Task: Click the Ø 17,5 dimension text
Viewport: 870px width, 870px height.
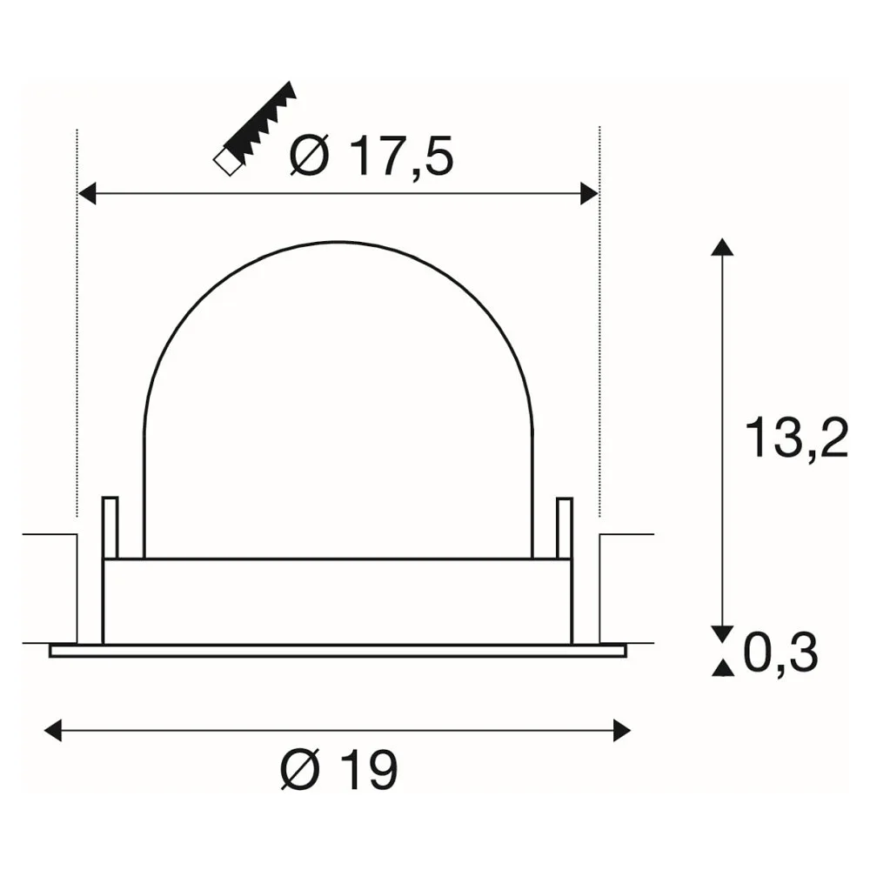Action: click(x=371, y=157)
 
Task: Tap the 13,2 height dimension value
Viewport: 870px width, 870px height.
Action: click(x=796, y=438)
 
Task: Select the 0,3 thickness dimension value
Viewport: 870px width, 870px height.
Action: click(x=780, y=653)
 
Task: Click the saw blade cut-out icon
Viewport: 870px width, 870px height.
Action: click(x=255, y=129)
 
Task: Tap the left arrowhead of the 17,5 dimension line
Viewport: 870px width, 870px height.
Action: click(x=86, y=193)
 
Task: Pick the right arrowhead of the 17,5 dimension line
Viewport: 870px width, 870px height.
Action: click(x=589, y=193)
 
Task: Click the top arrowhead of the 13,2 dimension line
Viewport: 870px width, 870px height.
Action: click(x=722, y=247)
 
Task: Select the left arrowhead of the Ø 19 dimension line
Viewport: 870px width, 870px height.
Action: click(x=53, y=730)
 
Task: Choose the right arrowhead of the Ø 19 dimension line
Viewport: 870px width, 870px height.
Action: click(x=622, y=730)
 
